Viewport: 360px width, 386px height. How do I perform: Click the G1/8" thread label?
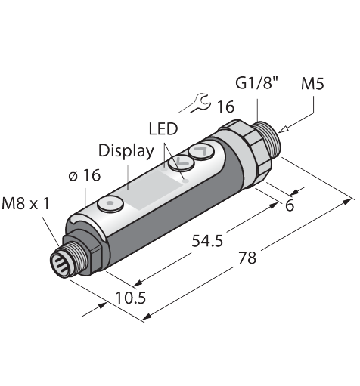point(256,83)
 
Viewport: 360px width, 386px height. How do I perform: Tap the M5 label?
point(312,83)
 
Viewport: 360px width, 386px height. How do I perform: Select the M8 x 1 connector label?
point(26,203)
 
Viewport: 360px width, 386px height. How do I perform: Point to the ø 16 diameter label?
point(84,175)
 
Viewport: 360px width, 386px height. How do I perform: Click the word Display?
point(126,151)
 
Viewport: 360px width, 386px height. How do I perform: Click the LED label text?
point(163,128)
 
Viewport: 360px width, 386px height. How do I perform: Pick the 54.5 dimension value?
point(207,241)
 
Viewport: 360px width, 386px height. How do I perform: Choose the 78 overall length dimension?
point(247,258)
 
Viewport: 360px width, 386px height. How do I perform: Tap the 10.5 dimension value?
point(131,298)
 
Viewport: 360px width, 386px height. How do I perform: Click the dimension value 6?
point(290,205)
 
